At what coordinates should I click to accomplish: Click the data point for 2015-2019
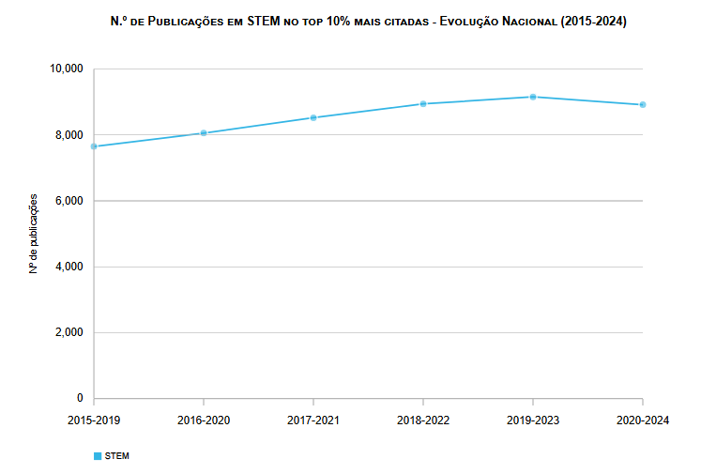[94, 146]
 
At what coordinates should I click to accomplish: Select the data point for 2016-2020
[204, 133]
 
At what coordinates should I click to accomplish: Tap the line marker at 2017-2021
[313, 117]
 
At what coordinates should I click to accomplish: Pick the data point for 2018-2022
[423, 103]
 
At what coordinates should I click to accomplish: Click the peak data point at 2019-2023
[533, 97]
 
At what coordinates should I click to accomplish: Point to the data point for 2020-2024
[643, 104]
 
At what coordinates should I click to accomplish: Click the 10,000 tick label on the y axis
[66, 69]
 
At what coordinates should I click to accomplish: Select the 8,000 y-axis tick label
[69, 135]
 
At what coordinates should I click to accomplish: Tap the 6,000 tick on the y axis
[69, 201]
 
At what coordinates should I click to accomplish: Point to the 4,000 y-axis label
[69, 267]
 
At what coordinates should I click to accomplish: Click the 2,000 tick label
[69, 332]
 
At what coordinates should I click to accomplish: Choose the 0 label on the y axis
[80, 398]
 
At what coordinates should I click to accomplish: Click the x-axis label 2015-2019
[94, 420]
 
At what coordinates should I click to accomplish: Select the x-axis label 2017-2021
[313, 420]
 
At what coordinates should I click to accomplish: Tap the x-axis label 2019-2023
[533, 420]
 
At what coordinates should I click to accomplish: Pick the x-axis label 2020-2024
[643, 420]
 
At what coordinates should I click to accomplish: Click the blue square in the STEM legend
[97, 455]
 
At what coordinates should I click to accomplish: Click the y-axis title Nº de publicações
[33, 234]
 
